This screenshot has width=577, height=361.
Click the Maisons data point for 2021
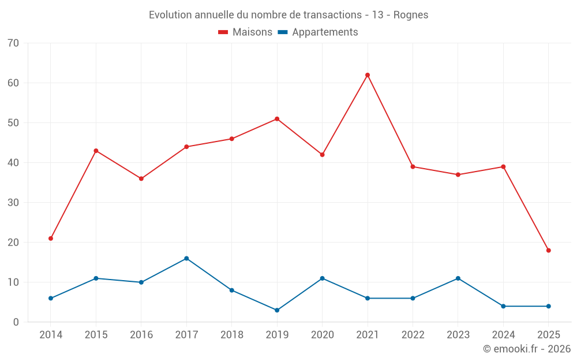[x=368, y=75]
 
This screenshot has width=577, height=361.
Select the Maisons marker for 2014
[x=51, y=239]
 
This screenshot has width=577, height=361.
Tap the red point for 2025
[x=549, y=251]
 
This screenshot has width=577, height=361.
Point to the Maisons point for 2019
[x=277, y=119]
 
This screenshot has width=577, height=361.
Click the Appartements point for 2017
[x=186, y=258]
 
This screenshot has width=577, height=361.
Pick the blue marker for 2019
[x=277, y=310]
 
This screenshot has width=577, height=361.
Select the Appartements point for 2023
[x=458, y=278]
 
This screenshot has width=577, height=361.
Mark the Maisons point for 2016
[x=141, y=178]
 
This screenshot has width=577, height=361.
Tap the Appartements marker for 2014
[x=51, y=298]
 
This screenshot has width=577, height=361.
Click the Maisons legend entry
[x=245, y=32]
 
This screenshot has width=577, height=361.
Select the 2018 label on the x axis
[x=232, y=335]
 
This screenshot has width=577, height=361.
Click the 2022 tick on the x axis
[x=413, y=335]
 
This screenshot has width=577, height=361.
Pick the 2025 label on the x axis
[x=549, y=335]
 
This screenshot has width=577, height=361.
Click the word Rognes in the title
[x=411, y=15]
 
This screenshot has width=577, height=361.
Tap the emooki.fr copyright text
[x=527, y=349]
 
